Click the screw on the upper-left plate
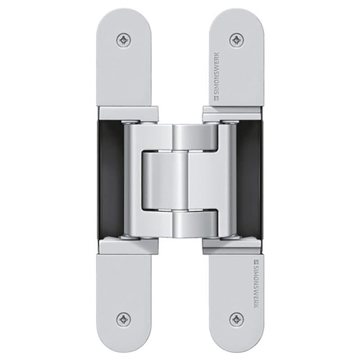(x=124, y=40)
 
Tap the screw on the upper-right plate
(x=236, y=40)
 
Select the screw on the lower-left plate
(x=124, y=319)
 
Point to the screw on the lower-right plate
(x=236, y=319)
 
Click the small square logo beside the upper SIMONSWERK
(x=216, y=96)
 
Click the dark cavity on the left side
(x=110, y=180)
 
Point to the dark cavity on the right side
(x=250, y=180)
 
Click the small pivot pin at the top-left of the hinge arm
(x=130, y=122)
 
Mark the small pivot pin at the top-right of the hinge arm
(x=229, y=122)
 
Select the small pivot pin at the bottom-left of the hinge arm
(x=130, y=237)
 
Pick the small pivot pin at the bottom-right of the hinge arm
(x=229, y=237)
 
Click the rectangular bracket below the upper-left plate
(x=128, y=114)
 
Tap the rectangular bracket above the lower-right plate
(x=232, y=246)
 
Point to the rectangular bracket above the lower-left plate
(x=128, y=246)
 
